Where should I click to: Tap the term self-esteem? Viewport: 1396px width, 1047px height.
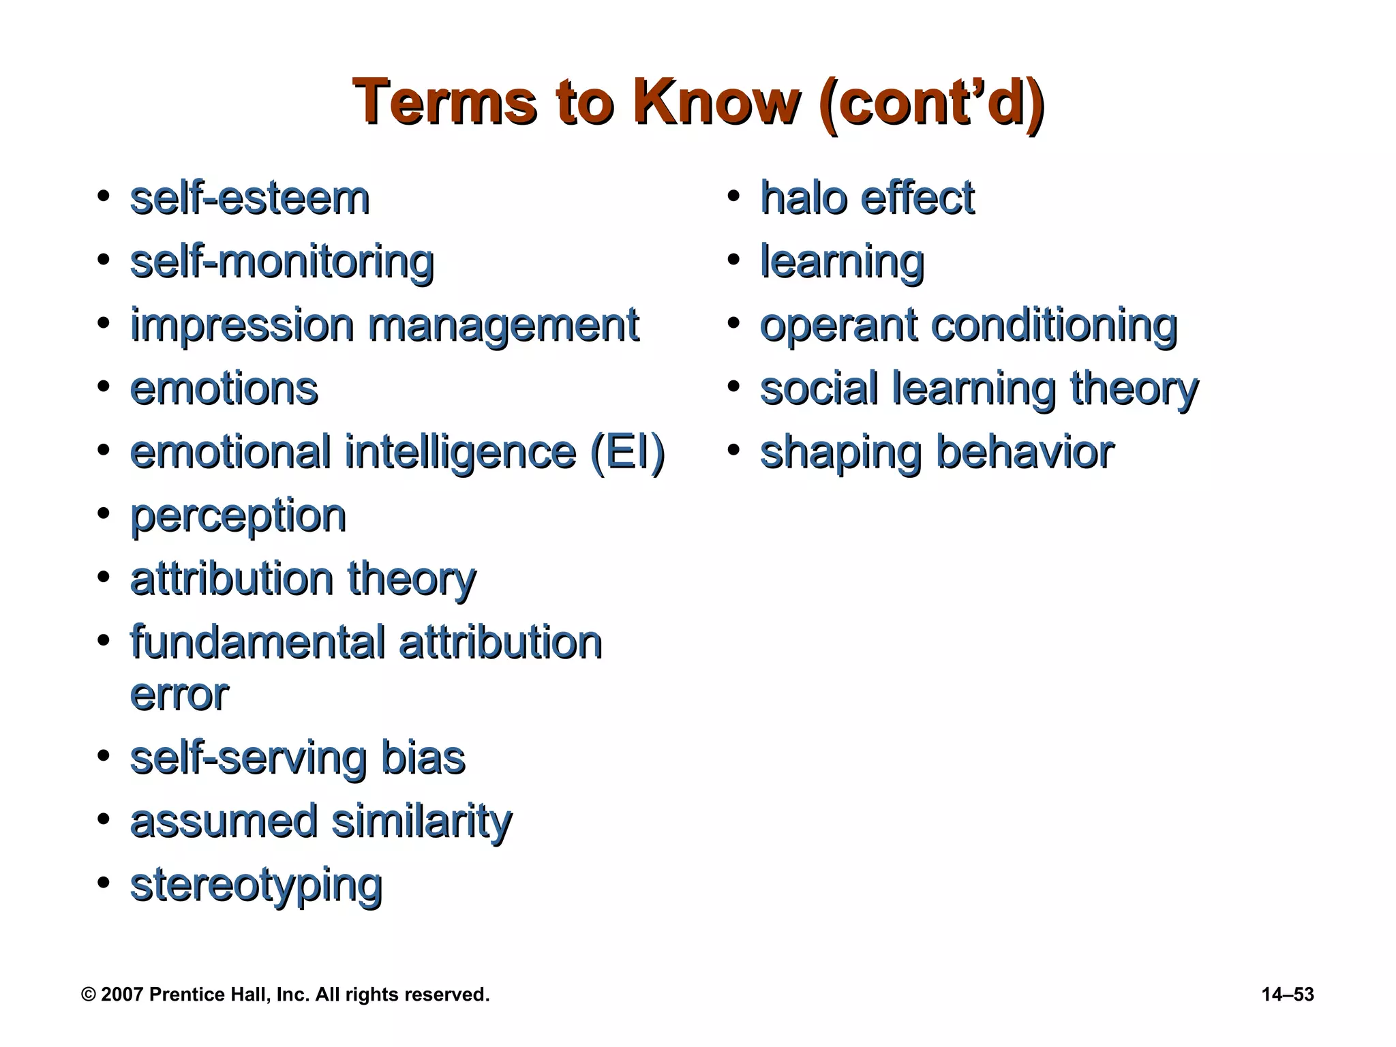coord(249,198)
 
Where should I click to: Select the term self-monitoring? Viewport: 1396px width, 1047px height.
coord(282,262)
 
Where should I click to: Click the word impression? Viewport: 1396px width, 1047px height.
coord(242,325)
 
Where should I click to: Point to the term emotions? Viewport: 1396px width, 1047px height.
coord(224,389)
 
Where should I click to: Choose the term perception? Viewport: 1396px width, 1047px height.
coord(238,516)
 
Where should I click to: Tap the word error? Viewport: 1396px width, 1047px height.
coord(179,695)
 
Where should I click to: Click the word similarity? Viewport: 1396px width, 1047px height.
coord(421,821)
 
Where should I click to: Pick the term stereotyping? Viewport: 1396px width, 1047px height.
coord(256,885)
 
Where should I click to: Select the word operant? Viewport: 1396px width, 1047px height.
coord(838,325)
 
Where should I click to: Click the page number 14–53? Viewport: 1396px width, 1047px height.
coord(1288,995)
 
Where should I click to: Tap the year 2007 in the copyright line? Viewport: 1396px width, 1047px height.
coord(122,995)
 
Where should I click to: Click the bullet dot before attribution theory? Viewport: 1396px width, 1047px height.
coord(104,577)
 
